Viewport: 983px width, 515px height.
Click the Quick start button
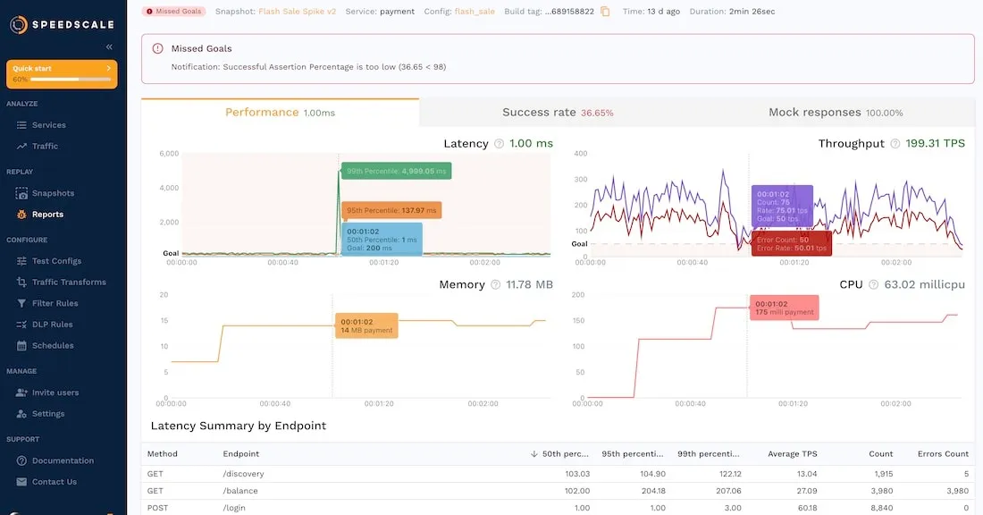point(62,73)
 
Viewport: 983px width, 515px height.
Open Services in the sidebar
point(48,125)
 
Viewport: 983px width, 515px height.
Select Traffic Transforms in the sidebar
point(69,283)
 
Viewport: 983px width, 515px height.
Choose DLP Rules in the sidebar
point(52,325)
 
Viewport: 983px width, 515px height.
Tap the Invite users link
point(55,393)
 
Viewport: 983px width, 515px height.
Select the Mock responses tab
point(836,113)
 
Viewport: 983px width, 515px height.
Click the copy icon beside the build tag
point(605,12)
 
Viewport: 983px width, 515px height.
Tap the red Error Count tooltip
point(792,243)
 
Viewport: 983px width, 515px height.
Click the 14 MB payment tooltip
point(366,325)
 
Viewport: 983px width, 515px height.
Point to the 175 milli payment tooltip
point(784,308)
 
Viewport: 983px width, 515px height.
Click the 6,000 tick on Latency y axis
point(169,154)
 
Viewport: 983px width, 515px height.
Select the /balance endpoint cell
point(239,491)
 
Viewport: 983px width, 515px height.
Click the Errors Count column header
point(944,454)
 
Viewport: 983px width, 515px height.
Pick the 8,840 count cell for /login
point(880,508)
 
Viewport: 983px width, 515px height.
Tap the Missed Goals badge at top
point(174,12)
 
